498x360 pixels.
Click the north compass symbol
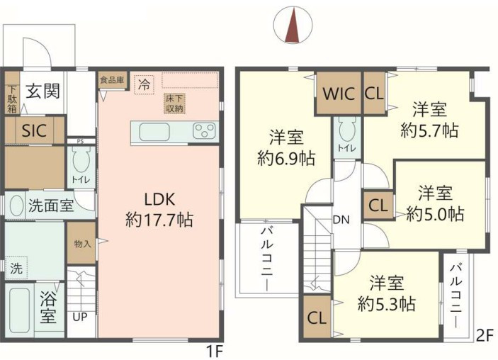(x=293, y=25)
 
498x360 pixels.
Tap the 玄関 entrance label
(x=43, y=91)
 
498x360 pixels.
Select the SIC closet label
(x=34, y=130)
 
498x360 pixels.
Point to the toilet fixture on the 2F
(x=347, y=129)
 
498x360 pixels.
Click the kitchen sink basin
(x=154, y=132)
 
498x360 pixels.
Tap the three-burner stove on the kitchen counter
(x=204, y=131)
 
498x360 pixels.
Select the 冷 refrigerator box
(x=145, y=84)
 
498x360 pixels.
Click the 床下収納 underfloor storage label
(x=175, y=103)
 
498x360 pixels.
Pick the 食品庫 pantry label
(x=112, y=79)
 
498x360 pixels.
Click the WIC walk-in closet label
(x=339, y=94)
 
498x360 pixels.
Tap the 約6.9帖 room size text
(x=286, y=158)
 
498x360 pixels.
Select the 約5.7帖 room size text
(x=429, y=130)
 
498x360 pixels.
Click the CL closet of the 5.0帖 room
(x=378, y=206)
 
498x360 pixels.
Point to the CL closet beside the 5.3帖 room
(x=317, y=317)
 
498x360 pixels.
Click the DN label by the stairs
(x=341, y=220)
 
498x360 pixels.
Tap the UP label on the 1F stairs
(x=80, y=317)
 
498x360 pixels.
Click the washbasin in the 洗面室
(x=16, y=205)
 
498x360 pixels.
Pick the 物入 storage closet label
(x=83, y=244)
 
